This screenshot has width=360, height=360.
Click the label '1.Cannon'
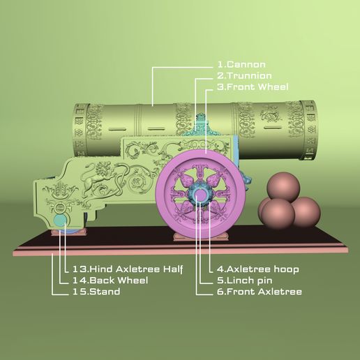pos(241,64)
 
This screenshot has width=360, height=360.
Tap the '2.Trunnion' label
pos(244,75)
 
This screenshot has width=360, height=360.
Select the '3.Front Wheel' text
pos(253,87)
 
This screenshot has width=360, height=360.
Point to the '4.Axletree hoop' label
pos(257,269)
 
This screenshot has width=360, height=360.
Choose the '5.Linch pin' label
pos(244,280)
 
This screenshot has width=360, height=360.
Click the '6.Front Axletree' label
pos(260,292)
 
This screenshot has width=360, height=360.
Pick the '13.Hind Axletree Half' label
pos(128,269)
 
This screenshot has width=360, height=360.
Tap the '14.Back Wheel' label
pos(110,280)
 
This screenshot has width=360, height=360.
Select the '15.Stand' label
pos(96,292)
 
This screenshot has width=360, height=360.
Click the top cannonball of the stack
pos(283,186)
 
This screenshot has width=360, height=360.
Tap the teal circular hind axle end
pos(60,220)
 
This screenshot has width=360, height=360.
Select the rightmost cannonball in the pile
pos(306,211)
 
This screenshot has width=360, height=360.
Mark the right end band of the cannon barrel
pos(308,130)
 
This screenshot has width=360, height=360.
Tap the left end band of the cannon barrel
pos(80,130)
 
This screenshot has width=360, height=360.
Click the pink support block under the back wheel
pos(68,232)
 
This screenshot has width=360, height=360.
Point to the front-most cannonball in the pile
pos(278,214)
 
